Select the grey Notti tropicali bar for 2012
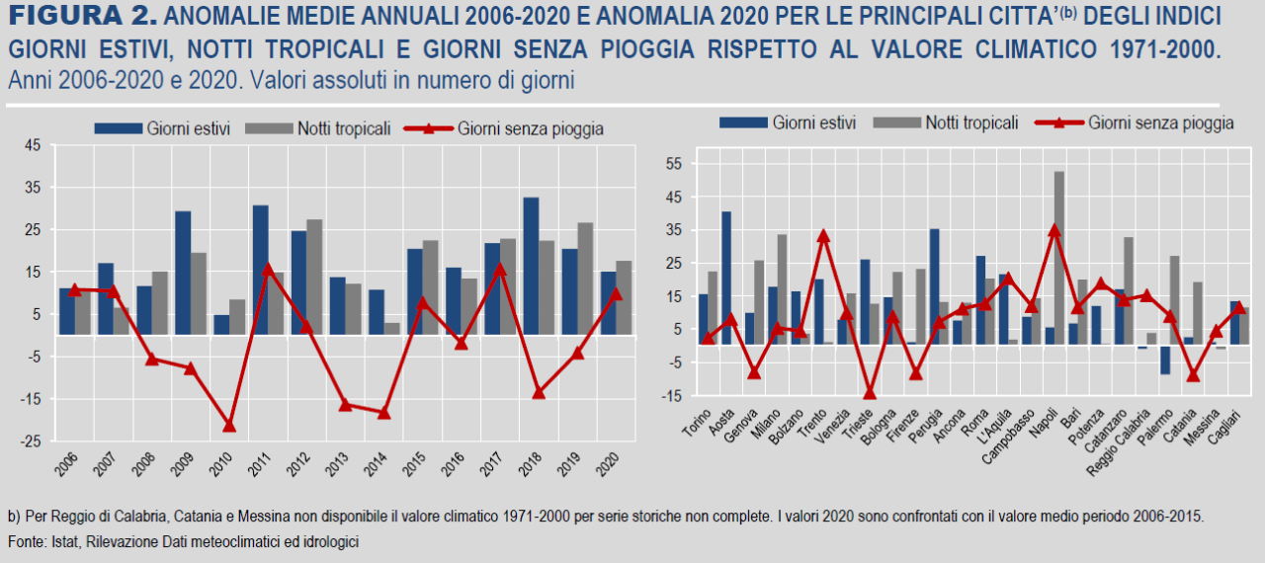(315, 278)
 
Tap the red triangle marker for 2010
(229, 425)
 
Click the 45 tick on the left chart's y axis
(33, 146)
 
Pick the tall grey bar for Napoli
(1059, 257)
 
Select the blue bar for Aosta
(726, 278)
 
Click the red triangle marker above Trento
(823, 236)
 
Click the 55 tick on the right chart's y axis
(676, 163)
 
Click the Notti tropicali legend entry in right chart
(970, 122)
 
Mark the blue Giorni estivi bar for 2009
(183, 273)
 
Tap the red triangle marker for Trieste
(870, 392)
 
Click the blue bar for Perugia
(934, 286)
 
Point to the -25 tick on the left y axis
(30, 442)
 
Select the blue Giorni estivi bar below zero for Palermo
(1165, 360)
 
